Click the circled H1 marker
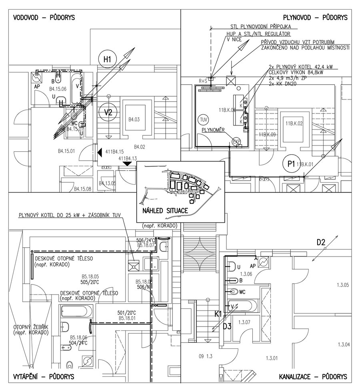(x=107, y=60)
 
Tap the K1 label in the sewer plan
(x=218, y=314)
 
